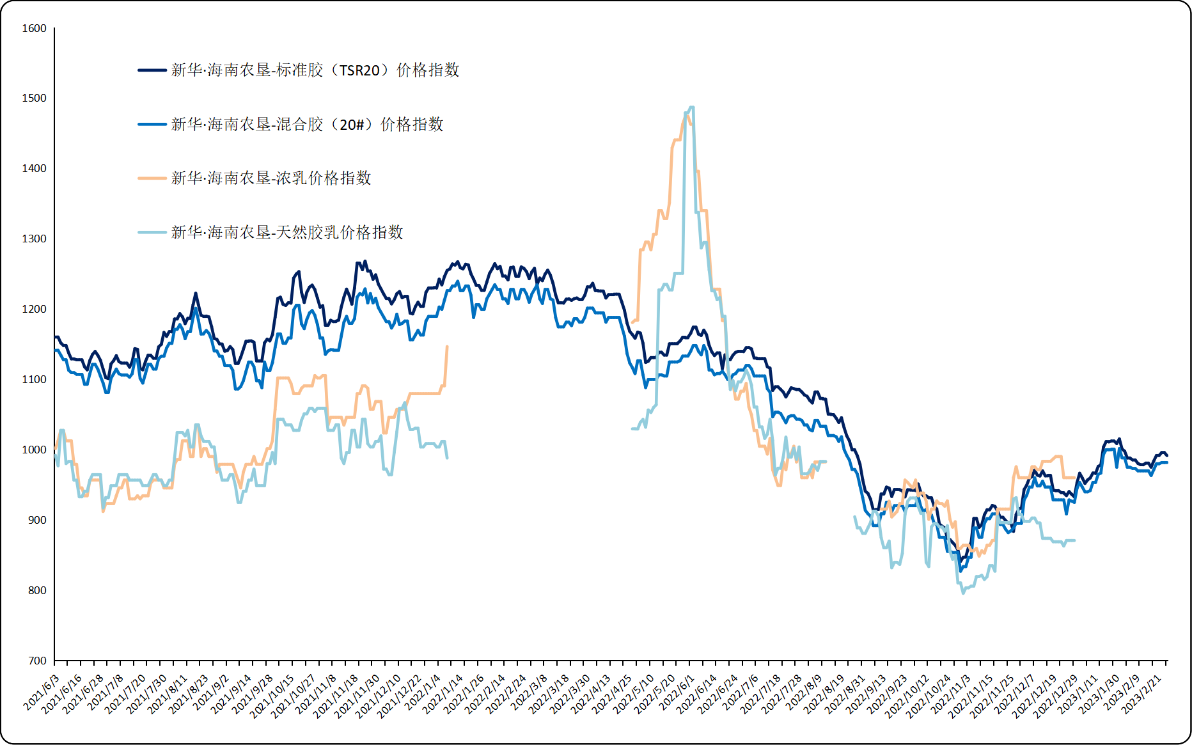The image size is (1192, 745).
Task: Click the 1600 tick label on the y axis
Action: coord(34,28)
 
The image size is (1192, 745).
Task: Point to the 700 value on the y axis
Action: coord(37,661)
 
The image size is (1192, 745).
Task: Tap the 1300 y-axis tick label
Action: coord(34,239)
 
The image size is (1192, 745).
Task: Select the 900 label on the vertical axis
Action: coord(37,520)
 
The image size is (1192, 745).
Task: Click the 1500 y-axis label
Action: coord(34,98)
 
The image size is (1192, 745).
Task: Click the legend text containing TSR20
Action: coord(315,70)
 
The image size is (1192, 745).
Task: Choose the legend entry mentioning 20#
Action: coord(307,125)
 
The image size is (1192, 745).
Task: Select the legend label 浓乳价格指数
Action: coord(271,178)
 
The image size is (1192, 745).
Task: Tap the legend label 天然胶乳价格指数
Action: coord(287,232)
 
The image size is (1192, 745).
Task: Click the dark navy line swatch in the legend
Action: coord(152,70)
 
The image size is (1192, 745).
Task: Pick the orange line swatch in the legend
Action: coord(152,178)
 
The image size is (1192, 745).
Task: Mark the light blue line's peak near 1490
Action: coord(691,107)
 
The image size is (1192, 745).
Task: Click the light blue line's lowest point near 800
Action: coord(963,593)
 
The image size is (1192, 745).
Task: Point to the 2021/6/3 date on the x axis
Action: coord(42,692)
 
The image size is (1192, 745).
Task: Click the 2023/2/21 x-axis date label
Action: coord(1142,693)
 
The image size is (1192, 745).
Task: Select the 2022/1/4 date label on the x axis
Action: coord(424,692)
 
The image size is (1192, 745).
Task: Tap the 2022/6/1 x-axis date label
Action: coord(677,692)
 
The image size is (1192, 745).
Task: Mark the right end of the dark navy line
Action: coord(1167,455)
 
